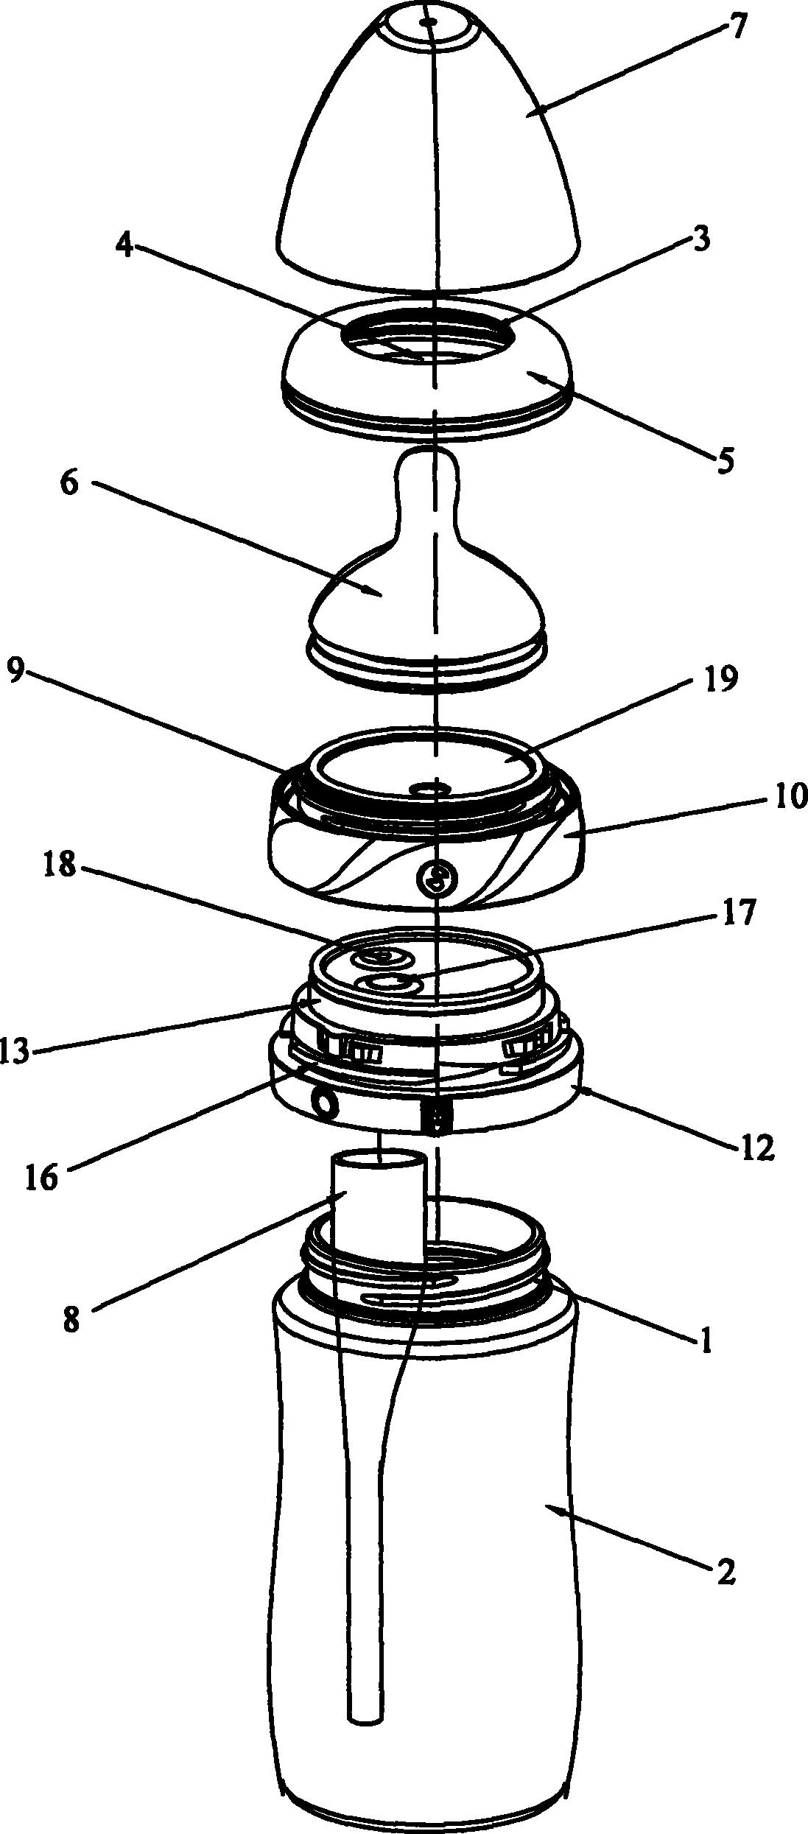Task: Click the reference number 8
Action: (x=71, y=1319)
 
